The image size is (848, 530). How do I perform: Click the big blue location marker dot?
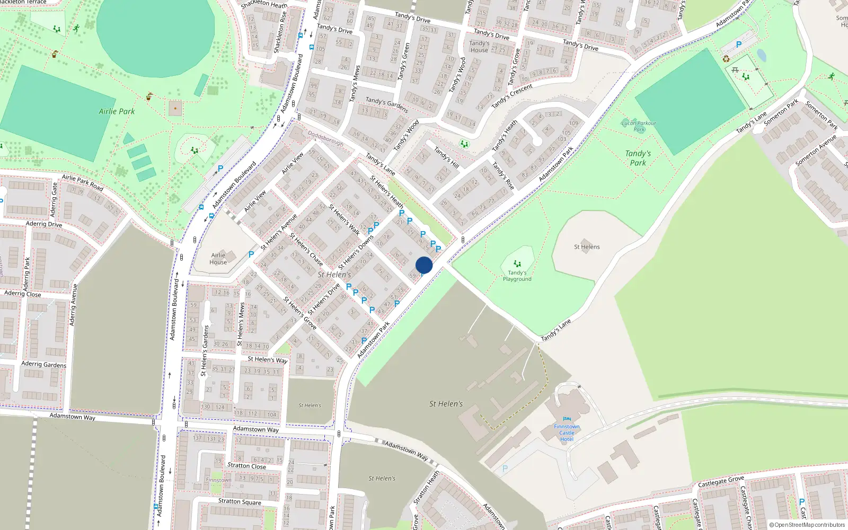click(x=424, y=265)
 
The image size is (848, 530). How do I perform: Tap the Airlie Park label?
click(x=117, y=111)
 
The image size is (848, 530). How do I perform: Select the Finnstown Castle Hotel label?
click(x=567, y=433)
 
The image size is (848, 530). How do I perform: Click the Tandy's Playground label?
click(x=517, y=276)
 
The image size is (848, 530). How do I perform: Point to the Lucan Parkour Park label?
click(x=639, y=126)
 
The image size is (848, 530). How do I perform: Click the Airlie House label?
click(x=218, y=259)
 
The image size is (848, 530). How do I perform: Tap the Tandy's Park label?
click(x=638, y=158)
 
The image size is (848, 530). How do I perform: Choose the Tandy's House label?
click(x=479, y=47)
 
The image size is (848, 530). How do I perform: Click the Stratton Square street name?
click(x=240, y=501)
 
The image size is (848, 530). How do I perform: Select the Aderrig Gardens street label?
click(x=43, y=364)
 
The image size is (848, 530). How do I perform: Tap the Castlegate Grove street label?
click(x=721, y=482)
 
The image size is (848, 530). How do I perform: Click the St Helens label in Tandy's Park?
click(x=587, y=247)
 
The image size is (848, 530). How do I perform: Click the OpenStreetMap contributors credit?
click(x=807, y=525)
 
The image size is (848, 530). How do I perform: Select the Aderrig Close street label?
click(x=22, y=294)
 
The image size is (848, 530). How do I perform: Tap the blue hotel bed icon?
click(x=567, y=419)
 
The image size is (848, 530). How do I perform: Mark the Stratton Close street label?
click(x=246, y=466)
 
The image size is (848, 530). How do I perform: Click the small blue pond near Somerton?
click(x=761, y=55)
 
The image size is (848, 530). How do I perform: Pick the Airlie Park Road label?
click(x=82, y=182)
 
